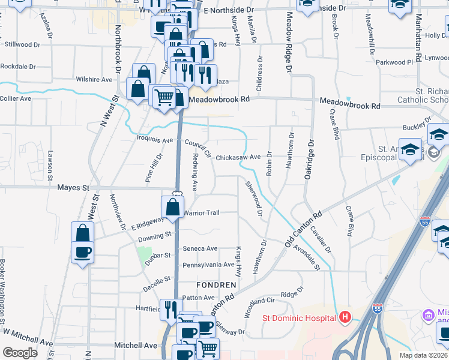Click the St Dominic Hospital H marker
click(x=345, y=317)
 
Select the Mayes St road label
click(x=73, y=187)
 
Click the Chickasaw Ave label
click(x=238, y=157)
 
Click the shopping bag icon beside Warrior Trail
click(x=173, y=208)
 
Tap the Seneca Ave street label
click(x=200, y=248)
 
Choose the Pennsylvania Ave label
click(x=208, y=265)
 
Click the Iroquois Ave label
click(x=156, y=140)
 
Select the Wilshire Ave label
click(x=94, y=79)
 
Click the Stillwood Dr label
click(x=22, y=44)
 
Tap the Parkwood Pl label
click(x=394, y=62)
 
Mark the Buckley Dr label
click(x=414, y=127)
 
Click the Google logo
click(x=20, y=353)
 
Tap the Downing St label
click(x=155, y=236)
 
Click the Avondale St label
click(x=307, y=259)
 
